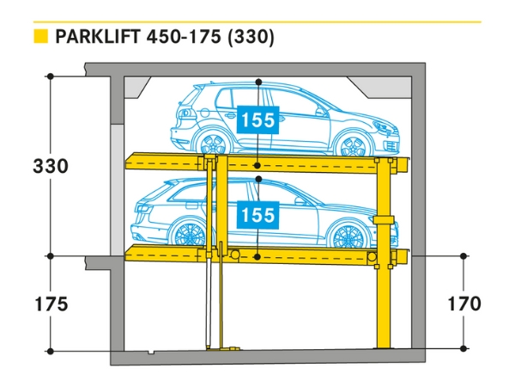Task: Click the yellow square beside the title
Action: point(39,37)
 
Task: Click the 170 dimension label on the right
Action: point(463,304)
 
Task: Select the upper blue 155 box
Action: point(258,120)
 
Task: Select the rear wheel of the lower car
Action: point(186,236)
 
